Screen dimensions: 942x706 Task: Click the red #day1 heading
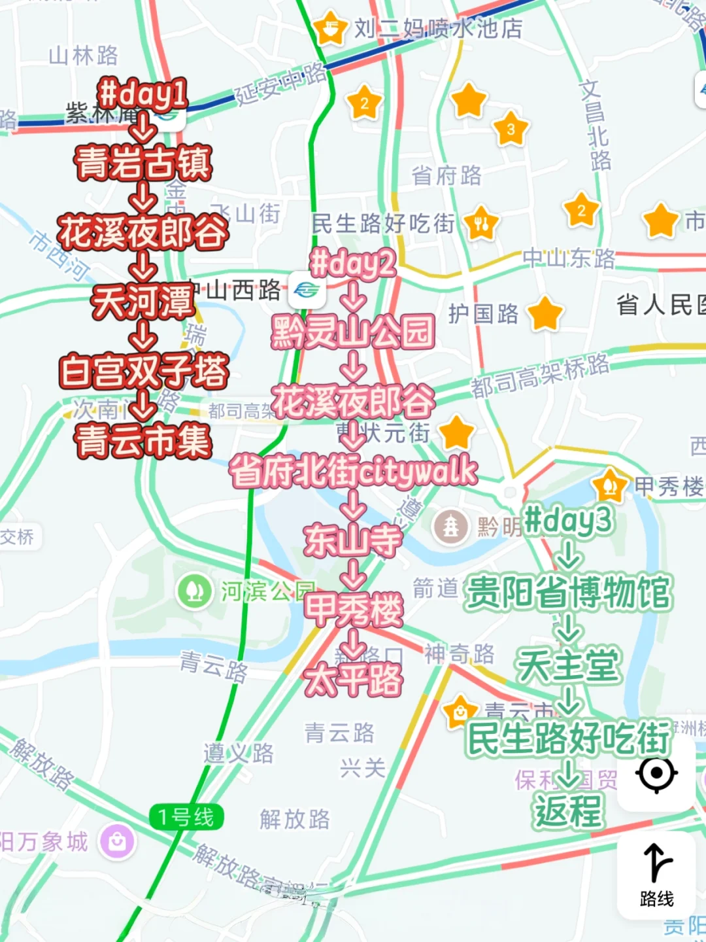tap(143, 94)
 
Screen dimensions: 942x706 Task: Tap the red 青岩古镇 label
tap(143, 162)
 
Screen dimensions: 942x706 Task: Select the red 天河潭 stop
tap(143, 302)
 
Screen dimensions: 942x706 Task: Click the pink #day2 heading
tap(353, 263)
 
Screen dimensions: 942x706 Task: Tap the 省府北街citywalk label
tap(353, 471)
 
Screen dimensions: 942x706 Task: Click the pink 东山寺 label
tap(353, 540)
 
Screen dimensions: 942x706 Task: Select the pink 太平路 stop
tap(353, 679)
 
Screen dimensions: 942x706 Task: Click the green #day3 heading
tap(568, 521)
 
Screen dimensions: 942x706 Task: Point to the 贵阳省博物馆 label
tap(568, 593)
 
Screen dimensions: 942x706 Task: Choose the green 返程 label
tap(568, 811)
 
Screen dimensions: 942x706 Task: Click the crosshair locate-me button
tap(656, 773)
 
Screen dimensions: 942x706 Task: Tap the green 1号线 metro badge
tap(186, 817)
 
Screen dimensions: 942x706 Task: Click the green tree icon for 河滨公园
tap(194, 591)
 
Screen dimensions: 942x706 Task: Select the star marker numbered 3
tap(511, 129)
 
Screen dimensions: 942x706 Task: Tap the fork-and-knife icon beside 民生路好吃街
tap(481, 224)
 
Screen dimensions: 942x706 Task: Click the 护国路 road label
tap(483, 314)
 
